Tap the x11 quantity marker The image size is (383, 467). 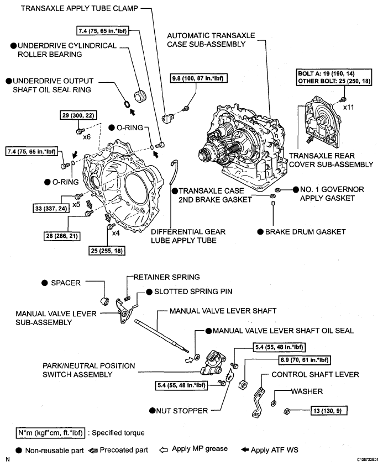pyautogui.click(x=348, y=107)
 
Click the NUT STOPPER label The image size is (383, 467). pyautogui.click(x=177, y=410)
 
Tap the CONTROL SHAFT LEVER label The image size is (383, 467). pyautogui.click(x=315, y=375)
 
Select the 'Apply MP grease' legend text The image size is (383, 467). pyautogui.click(x=201, y=450)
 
